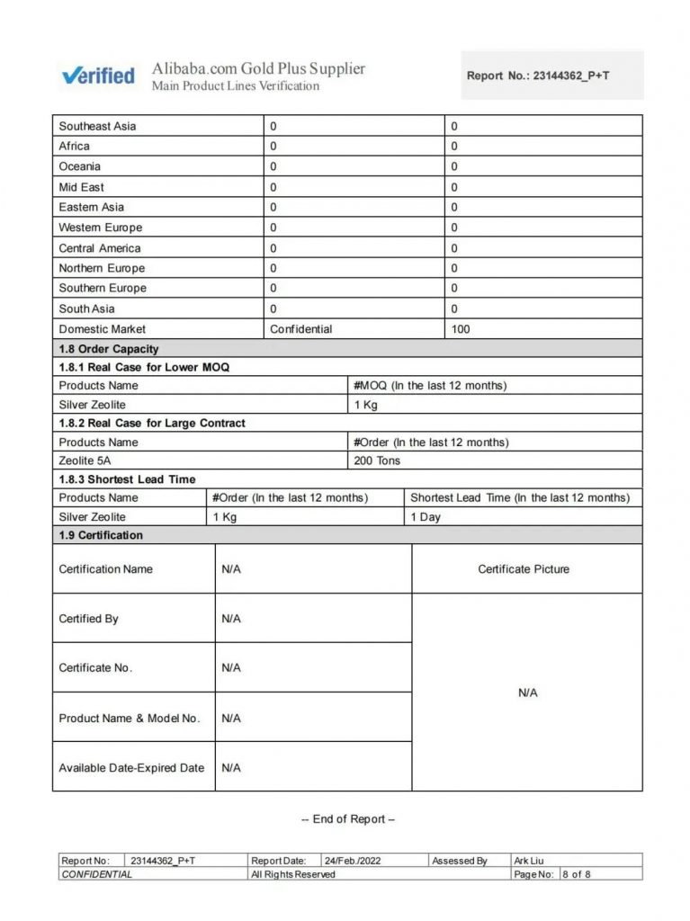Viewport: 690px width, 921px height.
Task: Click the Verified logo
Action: (x=98, y=76)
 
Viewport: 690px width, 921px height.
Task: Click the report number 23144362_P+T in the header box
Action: (x=570, y=76)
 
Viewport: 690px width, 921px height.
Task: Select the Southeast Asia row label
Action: (x=97, y=126)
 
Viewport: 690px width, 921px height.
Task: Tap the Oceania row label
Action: (x=80, y=166)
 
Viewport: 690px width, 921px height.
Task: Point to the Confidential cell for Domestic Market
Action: (x=300, y=329)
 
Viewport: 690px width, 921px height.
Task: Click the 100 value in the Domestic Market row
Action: (x=461, y=329)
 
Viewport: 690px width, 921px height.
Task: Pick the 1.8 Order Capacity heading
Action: (x=108, y=349)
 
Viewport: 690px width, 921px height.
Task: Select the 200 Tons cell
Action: (x=377, y=460)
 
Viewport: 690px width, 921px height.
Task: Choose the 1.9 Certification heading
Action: (x=101, y=535)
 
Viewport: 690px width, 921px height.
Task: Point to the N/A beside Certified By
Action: (x=231, y=619)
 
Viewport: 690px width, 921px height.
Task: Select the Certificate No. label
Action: (x=95, y=667)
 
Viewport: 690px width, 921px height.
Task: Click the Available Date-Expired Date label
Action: (x=131, y=768)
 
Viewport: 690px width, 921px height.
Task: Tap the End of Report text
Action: (x=348, y=819)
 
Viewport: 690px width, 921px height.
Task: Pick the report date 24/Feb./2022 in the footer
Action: (x=353, y=861)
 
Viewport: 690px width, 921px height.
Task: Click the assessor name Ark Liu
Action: (x=528, y=861)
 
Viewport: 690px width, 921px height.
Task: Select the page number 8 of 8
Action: (x=577, y=874)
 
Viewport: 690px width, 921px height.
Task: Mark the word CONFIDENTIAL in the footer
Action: (x=96, y=874)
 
